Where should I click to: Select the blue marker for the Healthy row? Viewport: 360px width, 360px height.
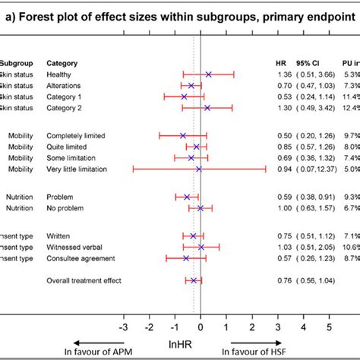tap(208, 74)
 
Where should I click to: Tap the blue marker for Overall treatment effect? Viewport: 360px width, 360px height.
tap(194, 280)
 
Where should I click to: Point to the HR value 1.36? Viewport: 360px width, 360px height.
tap(283, 74)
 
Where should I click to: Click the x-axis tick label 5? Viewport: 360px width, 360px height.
tap(330, 306)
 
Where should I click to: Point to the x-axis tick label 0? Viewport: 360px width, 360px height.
tap(201, 306)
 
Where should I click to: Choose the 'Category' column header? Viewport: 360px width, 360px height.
tap(63, 62)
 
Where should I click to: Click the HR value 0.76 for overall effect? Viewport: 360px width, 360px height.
tap(283, 280)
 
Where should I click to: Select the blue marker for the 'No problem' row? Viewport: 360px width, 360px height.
tap(201, 207)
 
